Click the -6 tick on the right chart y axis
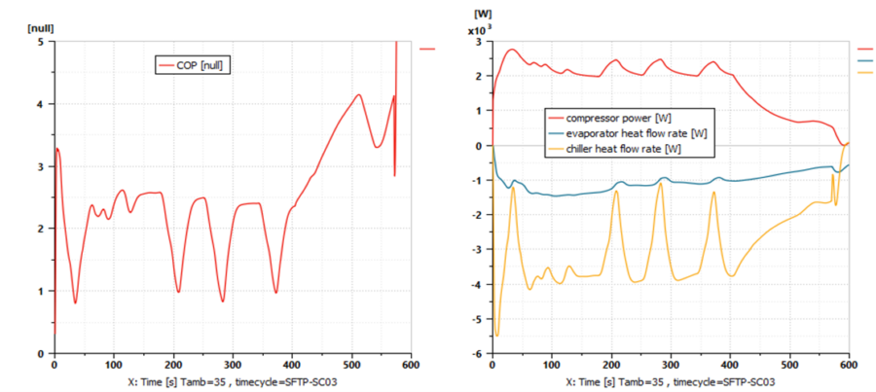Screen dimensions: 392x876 [478, 353]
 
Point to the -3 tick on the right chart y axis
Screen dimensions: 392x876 [478, 250]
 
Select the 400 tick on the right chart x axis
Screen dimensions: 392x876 [730, 364]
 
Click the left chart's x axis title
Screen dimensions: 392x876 [234, 381]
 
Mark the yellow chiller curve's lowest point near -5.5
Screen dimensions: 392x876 [497, 336]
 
